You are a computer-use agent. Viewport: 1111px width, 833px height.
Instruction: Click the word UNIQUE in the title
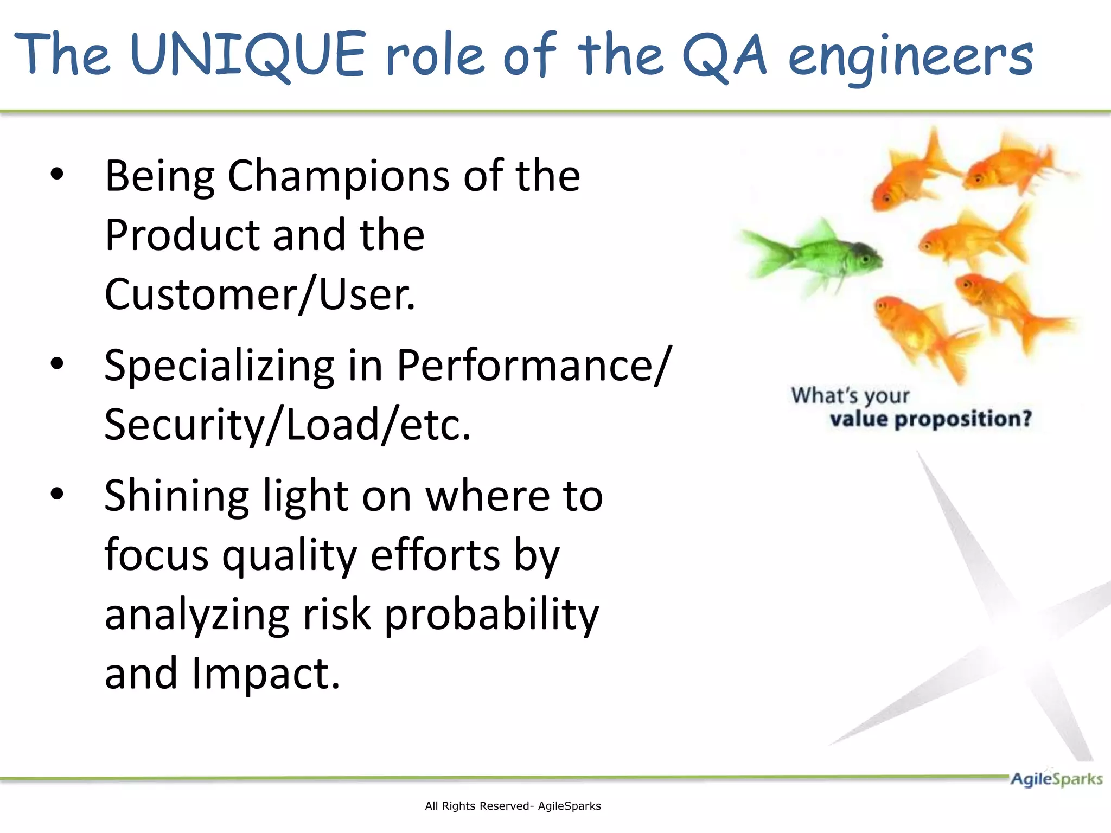[x=248, y=55]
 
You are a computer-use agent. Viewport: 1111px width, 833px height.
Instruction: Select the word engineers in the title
[x=910, y=57]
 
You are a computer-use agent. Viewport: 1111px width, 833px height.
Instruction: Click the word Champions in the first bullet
[x=339, y=176]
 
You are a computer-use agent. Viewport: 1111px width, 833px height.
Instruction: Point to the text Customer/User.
[x=260, y=294]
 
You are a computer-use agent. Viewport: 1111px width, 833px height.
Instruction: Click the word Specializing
[x=219, y=367]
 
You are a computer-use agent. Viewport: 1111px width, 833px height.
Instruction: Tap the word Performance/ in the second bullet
[x=534, y=366]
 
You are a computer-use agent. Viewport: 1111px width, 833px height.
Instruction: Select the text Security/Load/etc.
[x=288, y=425]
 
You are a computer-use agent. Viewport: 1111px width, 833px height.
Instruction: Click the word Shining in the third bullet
[x=176, y=496]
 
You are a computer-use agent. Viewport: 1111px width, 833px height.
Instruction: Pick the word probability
[x=491, y=615]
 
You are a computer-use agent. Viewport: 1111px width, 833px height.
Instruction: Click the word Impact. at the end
[x=265, y=674]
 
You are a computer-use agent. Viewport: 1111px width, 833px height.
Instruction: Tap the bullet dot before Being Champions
[x=57, y=175]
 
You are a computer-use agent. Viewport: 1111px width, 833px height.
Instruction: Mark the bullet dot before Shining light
[x=57, y=494]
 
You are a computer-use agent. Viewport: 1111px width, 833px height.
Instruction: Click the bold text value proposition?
[x=930, y=419]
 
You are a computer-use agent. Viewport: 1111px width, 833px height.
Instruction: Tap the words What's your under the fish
[x=850, y=395]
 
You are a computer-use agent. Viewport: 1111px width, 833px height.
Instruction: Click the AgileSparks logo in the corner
[x=1056, y=779]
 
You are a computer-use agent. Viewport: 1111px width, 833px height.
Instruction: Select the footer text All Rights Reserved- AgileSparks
[x=513, y=806]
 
